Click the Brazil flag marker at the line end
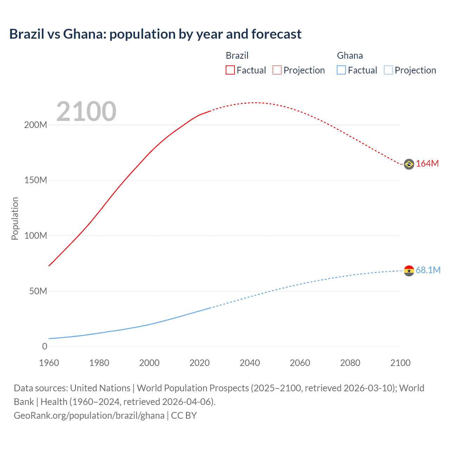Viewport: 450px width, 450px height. [x=409, y=164]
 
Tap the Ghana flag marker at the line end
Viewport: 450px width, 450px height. [x=409, y=271]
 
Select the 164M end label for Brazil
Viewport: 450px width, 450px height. [x=427, y=164]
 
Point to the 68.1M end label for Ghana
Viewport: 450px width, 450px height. [x=428, y=270]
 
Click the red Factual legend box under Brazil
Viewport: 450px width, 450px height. [x=230, y=70]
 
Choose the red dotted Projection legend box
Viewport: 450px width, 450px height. [x=277, y=70]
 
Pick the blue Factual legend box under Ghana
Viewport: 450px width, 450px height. [x=341, y=70]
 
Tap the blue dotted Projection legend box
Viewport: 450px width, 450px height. [x=388, y=70]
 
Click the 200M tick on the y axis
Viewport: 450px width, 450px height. [x=36, y=125]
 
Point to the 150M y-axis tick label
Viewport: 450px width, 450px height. [x=36, y=180]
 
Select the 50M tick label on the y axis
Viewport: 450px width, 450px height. [x=38, y=291]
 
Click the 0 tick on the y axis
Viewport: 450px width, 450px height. [x=45, y=346]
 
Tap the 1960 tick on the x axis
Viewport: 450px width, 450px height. [x=49, y=363]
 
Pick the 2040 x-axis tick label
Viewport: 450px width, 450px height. [x=250, y=363]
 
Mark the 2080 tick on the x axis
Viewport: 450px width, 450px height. [x=350, y=363]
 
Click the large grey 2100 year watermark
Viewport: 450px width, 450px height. [x=86, y=111]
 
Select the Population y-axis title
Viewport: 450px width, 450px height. [x=15, y=218]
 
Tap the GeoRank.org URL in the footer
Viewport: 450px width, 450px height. [x=89, y=416]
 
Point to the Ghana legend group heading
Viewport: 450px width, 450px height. [x=350, y=56]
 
